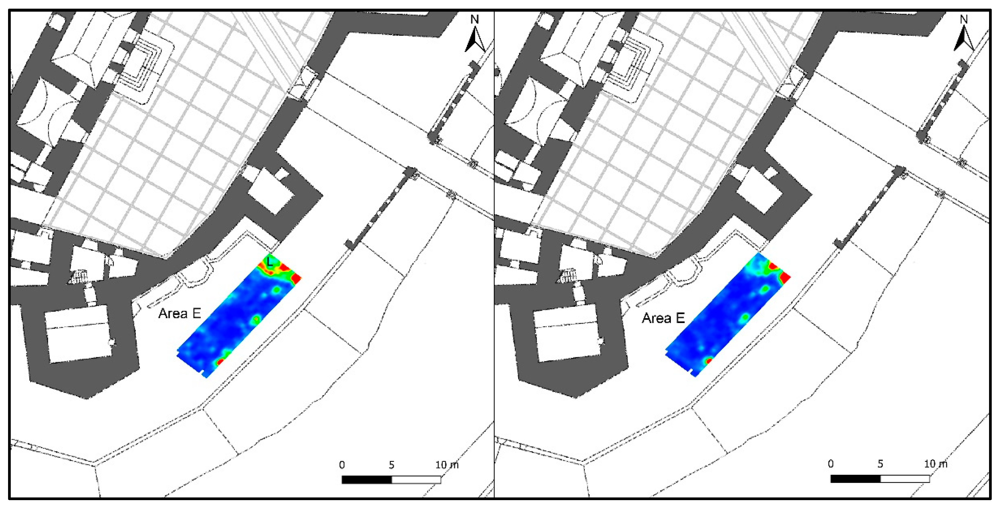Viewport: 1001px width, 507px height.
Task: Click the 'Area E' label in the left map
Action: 180,313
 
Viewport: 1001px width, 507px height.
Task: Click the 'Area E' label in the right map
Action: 663,318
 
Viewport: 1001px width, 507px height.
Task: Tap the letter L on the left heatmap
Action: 270,261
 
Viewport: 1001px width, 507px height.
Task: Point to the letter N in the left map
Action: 475,19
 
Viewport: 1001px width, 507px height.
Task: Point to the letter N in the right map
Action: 963,19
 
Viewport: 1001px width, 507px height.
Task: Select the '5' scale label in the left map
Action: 391,465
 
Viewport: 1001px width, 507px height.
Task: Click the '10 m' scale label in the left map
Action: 447,465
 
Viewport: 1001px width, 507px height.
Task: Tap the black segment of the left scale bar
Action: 366,480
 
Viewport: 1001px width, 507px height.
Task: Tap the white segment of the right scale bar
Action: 904,479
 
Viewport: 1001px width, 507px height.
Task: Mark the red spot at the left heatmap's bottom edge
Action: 220,362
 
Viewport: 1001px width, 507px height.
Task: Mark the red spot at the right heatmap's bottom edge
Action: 708,361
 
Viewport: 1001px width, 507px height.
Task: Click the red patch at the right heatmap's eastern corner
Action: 785,277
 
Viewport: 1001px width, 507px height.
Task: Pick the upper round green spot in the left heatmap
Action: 277,290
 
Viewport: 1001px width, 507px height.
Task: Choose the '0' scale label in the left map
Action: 342,465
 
